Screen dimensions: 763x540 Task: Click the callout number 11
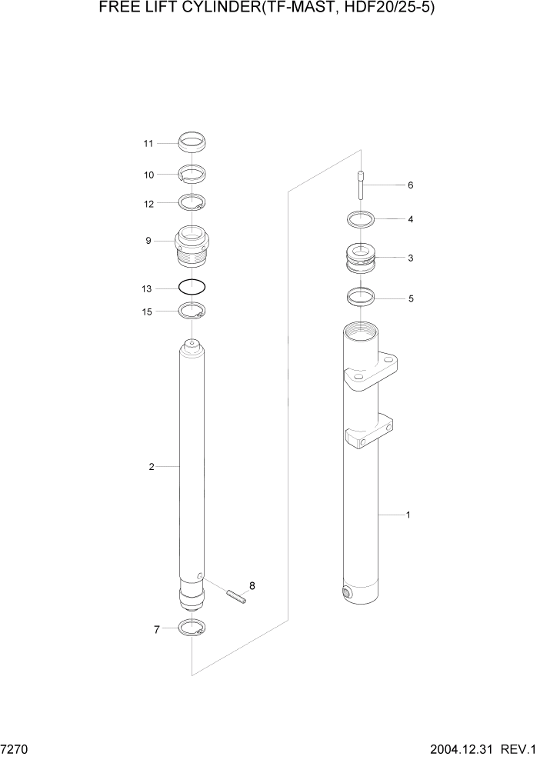[148, 143]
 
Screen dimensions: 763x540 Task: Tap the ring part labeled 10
[192, 174]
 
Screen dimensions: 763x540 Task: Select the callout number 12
[148, 204]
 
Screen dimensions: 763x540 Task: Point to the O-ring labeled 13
[192, 287]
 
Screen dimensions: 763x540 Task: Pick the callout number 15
[148, 312]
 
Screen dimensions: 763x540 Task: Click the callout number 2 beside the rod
[152, 467]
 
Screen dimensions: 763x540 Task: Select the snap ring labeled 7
[192, 628]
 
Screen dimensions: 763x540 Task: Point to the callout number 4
[411, 219]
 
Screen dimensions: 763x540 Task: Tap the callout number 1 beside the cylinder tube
[408, 515]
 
